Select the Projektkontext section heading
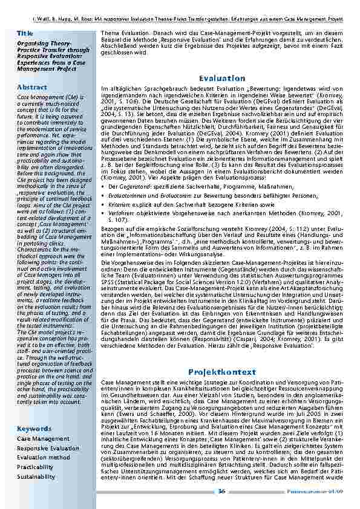[222, 372]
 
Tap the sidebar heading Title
[25, 33]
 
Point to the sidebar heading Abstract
[32, 87]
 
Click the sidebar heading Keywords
[34, 429]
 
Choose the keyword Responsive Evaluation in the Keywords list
[48, 449]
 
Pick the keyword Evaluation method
[43, 458]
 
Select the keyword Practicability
[35, 467]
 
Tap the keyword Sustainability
[36, 477]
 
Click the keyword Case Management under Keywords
[43, 439]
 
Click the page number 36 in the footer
[222, 491]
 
